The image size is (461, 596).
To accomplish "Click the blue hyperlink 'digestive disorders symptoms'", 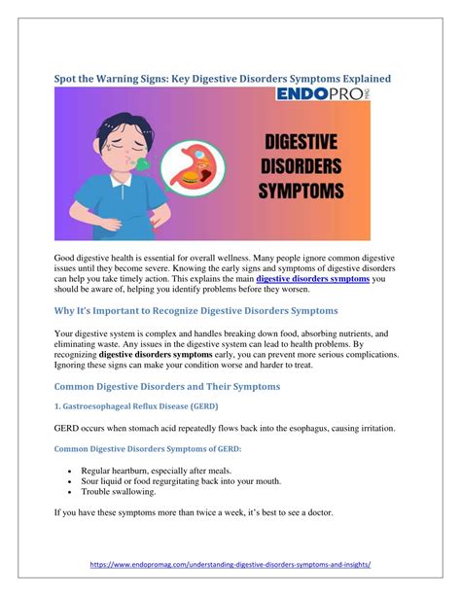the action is [x=312, y=278].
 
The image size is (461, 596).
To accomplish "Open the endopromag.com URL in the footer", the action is [x=230, y=563].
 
